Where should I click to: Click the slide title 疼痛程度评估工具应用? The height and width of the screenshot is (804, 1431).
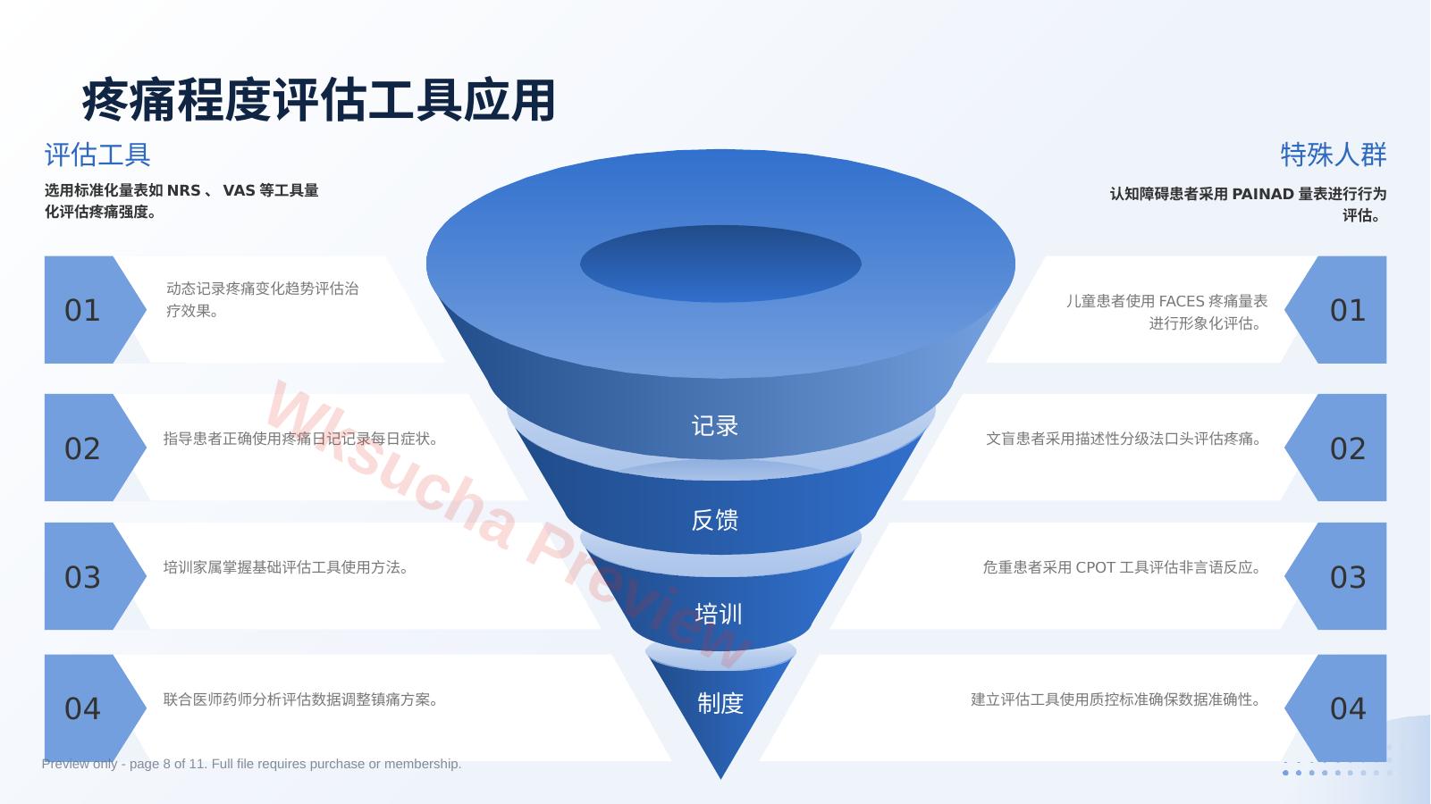[318, 100]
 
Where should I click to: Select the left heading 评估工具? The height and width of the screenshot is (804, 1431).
[97, 155]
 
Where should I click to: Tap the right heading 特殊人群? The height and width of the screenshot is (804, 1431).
[1334, 155]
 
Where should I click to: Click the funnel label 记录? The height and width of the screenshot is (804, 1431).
[715, 426]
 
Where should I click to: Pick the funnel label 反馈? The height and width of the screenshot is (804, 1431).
[715, 520]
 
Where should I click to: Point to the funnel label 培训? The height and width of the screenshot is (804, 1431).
[718, 614]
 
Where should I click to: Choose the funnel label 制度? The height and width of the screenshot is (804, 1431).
[720, 703]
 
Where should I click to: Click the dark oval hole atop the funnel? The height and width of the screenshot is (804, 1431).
[720, 264]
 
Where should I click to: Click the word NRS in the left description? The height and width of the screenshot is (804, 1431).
[184, 190]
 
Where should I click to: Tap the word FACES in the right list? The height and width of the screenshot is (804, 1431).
[1182, 301]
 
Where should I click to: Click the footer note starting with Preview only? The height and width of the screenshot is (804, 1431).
[251, 764]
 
